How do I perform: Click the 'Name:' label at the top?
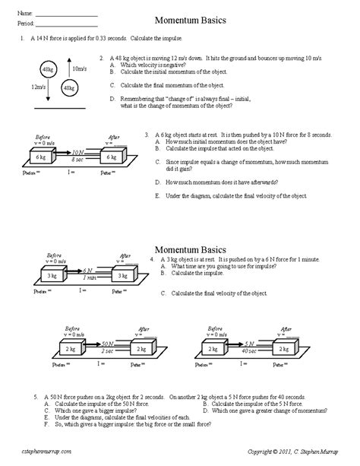click(x=25, y=14)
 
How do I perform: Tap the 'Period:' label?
click(x=27, y=22)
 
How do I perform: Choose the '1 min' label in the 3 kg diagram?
click(x=89, y=277)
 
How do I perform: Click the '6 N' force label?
click(x=89, y=270)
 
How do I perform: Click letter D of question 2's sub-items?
click(x=112, y=98)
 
